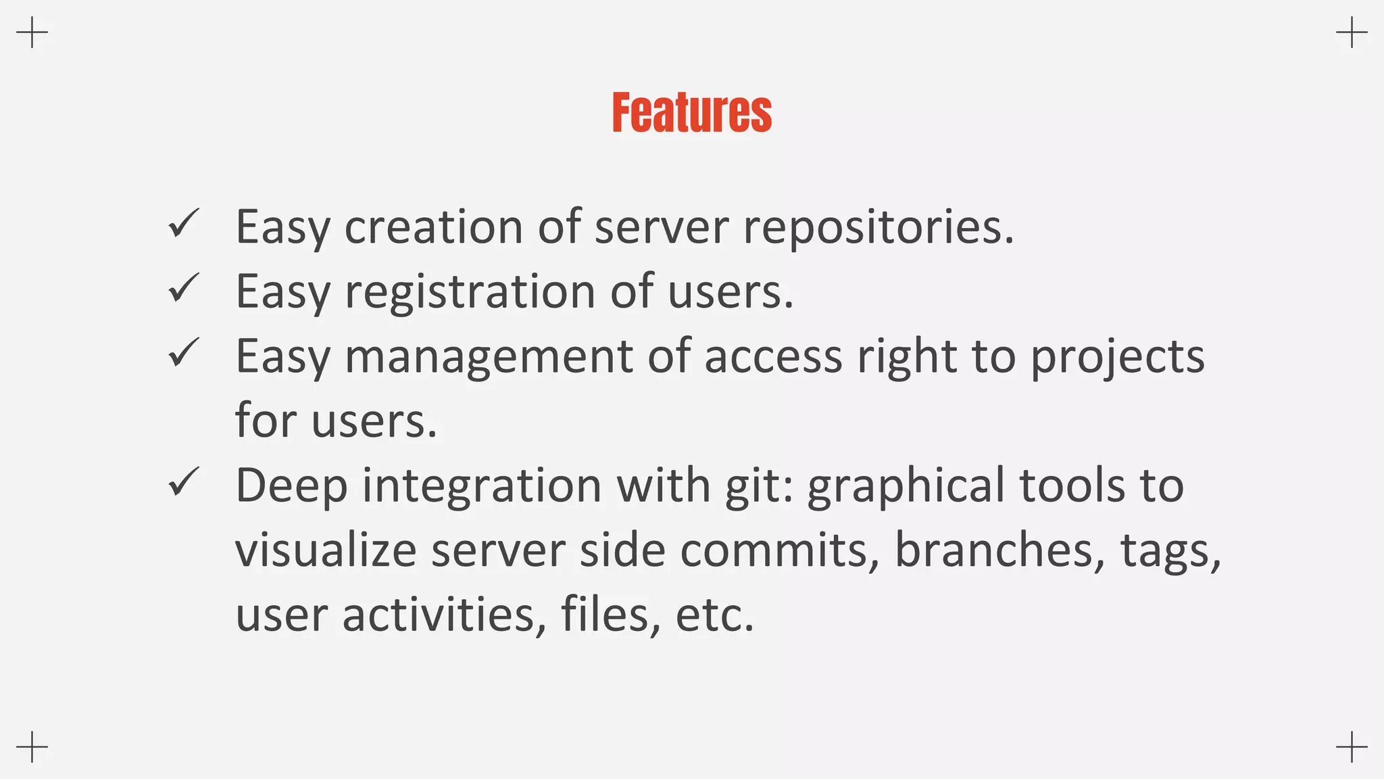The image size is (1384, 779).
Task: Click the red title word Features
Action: click(x=691, y=113)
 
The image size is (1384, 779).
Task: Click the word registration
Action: click(x=470, y=291)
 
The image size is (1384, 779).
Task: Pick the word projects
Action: click(x=1117, y=356)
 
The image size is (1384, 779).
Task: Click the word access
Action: click(x=773, y=356)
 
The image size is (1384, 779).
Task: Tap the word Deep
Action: click(x=291, y=486)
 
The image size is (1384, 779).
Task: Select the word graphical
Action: click(x=906, y=486)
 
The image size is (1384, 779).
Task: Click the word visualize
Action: click(x=326, y=550)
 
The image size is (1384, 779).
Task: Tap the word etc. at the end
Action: click(x=714, y=615)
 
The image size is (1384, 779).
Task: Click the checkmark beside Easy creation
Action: click(x=183, y=223)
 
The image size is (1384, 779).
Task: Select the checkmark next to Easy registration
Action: click(x=183, y=288)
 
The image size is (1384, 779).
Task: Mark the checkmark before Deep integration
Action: click(x=183, y=482)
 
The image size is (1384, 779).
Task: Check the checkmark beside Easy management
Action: click(x=183, y=353)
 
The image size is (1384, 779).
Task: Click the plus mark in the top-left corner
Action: click(x=32, y=32)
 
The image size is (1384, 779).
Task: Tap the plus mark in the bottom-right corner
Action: click(x=1352, y=747)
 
